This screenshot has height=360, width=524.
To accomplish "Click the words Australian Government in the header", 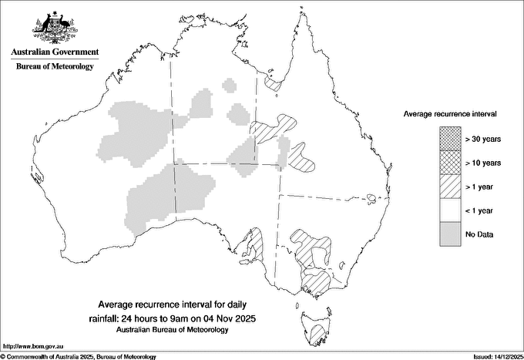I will tap(55, 52).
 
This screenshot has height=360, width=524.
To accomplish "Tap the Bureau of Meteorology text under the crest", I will tap(55, 67).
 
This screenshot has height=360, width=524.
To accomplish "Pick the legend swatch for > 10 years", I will tap(450, 162).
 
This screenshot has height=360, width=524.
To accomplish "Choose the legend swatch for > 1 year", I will tap(450, 186).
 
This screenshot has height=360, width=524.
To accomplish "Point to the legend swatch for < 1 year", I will tap(450, 210).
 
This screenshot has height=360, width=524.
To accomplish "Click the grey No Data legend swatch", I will tap(450, 234).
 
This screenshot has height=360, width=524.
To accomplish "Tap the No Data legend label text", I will tap(480, 234).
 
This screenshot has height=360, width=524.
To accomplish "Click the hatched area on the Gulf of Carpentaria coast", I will tap(271, 81).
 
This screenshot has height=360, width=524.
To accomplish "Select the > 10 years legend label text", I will tap(483, 162).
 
